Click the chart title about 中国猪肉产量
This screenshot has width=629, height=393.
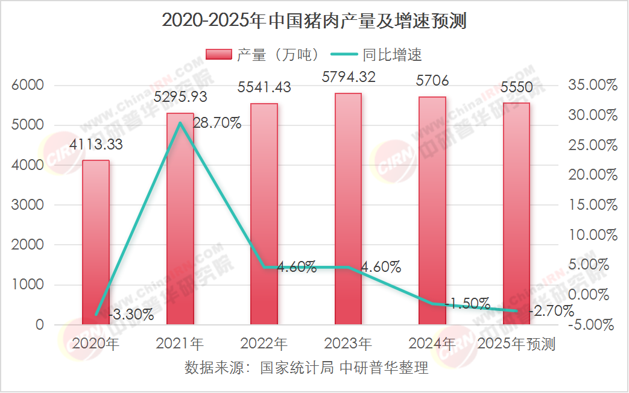coord(314,22)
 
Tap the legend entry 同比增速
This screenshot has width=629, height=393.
coord(380,55)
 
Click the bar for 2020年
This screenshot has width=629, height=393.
coord(96,241)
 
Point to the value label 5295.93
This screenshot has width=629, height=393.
coord(181,97)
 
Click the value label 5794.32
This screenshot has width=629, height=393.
coord(349,77)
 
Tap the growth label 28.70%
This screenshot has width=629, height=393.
coord(217,124)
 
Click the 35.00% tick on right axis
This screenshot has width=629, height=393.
coord(593,86)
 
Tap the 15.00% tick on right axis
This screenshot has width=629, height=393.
coord(593,205)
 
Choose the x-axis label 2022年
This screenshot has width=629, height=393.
coord(264,344)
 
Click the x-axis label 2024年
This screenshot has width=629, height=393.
coord(432,344)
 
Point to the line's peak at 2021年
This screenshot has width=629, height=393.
coord(180,123)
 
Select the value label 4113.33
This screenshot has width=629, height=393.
coord(96,145)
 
